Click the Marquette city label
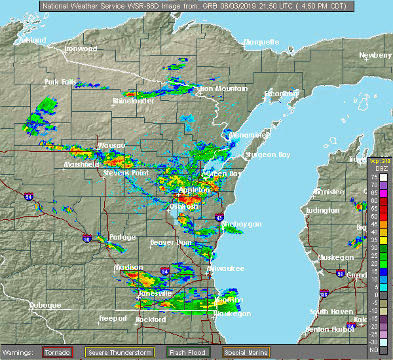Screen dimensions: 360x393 [261, 42]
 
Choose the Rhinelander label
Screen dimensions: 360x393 [133, 101]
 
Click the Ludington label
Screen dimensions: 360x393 [322, 210]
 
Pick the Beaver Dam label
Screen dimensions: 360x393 [170, 242]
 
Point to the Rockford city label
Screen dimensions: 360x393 [151, 319]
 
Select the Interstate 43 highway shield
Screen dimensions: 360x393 [219, 217]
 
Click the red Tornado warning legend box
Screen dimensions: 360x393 [58, 352]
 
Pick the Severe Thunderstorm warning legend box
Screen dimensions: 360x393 [120, 352]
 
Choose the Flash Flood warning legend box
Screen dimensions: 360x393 [187, 352]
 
